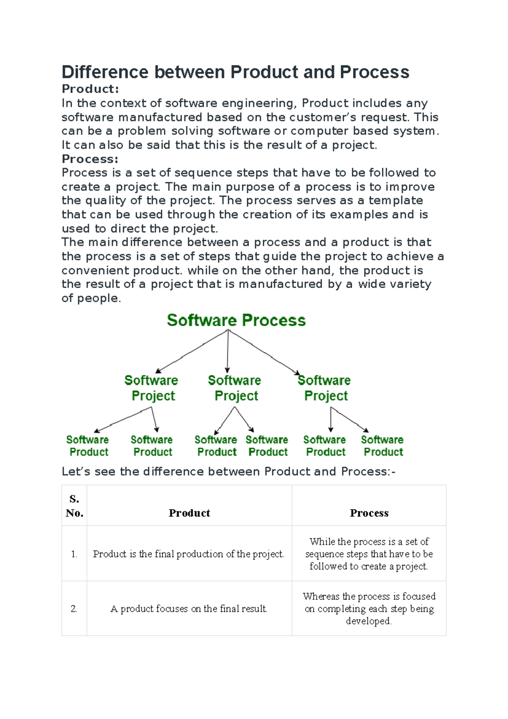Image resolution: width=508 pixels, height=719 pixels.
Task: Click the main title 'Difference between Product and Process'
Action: [x=235, y=72]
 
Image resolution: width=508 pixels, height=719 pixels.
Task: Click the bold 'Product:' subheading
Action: [x=90, y=89]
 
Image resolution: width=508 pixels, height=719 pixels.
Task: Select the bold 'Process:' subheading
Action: [x=90, y=159]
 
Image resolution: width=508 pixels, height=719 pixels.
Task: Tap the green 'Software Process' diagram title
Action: [x=236, y=320]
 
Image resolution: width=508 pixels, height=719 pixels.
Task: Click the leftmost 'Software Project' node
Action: [x=152, y=388]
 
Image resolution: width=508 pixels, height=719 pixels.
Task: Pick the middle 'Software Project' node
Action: [x=235, y=388]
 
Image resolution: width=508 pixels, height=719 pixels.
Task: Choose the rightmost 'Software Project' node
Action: [x=325, y=388]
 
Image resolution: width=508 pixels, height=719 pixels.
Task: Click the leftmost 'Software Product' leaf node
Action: [x=88, y=446]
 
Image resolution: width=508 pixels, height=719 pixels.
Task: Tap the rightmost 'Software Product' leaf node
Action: [x=382, y=446]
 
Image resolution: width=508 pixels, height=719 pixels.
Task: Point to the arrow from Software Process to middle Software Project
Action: [x=228, y=352]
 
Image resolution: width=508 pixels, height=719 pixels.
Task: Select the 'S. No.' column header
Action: [x=75, y=506]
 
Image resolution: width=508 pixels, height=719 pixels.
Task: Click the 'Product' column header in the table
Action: [x=189, y=513]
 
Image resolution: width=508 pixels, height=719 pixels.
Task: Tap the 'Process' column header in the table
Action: [x=369, y=513]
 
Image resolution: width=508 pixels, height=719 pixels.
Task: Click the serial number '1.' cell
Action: [x=74, y=554]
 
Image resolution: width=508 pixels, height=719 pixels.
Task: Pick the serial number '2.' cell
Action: [x=74, y=609]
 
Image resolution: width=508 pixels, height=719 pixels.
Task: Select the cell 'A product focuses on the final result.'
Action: [x=189, y=609]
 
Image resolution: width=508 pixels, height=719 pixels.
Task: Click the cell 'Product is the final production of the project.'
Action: [x=189, y=554]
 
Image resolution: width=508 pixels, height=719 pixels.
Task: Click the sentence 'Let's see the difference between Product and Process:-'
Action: [x=229, y=471]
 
